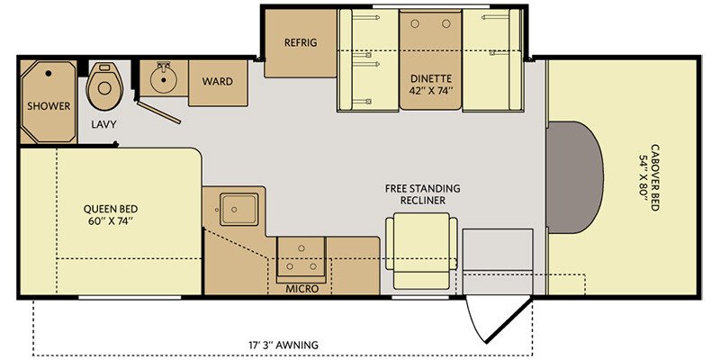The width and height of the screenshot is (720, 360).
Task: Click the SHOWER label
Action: coord(49,106)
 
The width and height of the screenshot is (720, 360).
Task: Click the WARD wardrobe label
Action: coord(217,82)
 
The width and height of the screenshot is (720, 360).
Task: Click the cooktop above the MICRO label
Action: coord(301,258)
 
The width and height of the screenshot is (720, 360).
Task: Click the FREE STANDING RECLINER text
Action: coord(421,193)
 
